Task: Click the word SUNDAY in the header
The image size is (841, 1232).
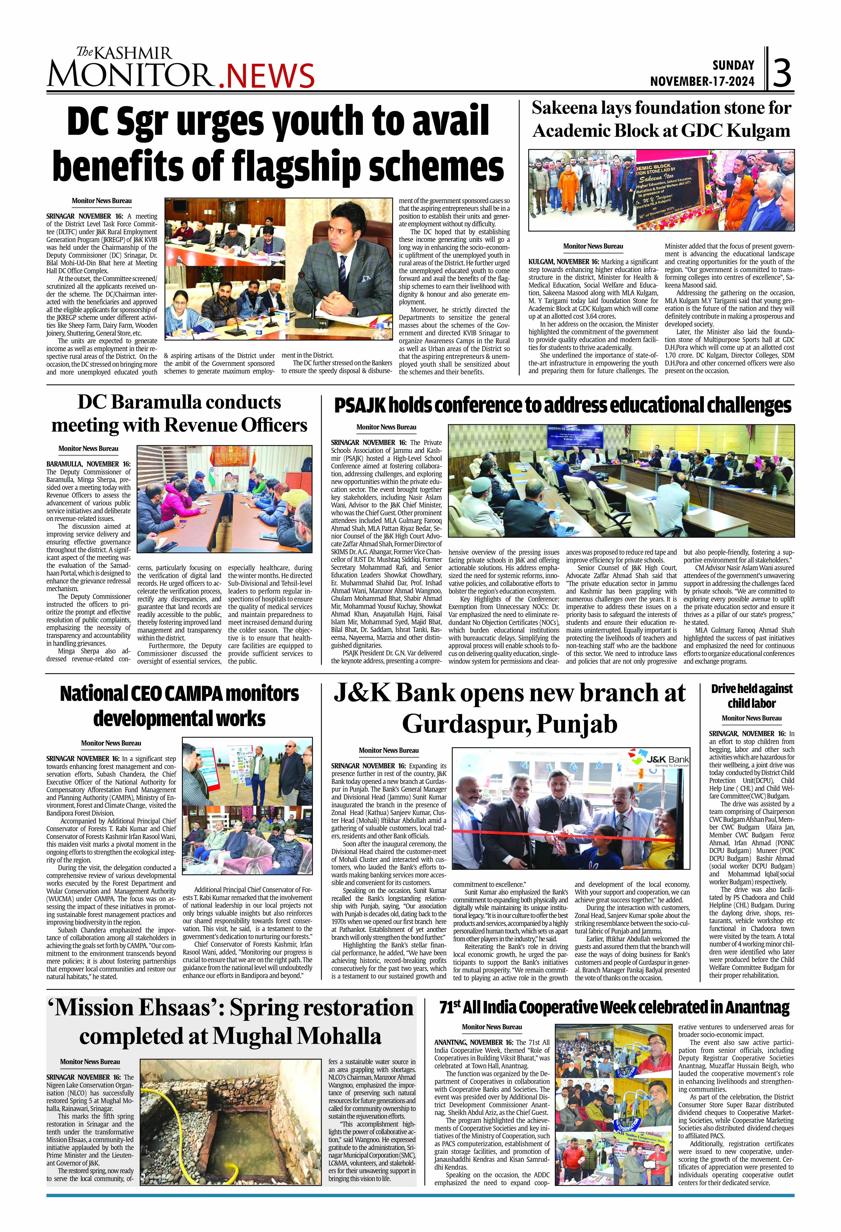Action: pos(733,65)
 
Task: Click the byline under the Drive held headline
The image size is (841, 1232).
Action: pos(751,718)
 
